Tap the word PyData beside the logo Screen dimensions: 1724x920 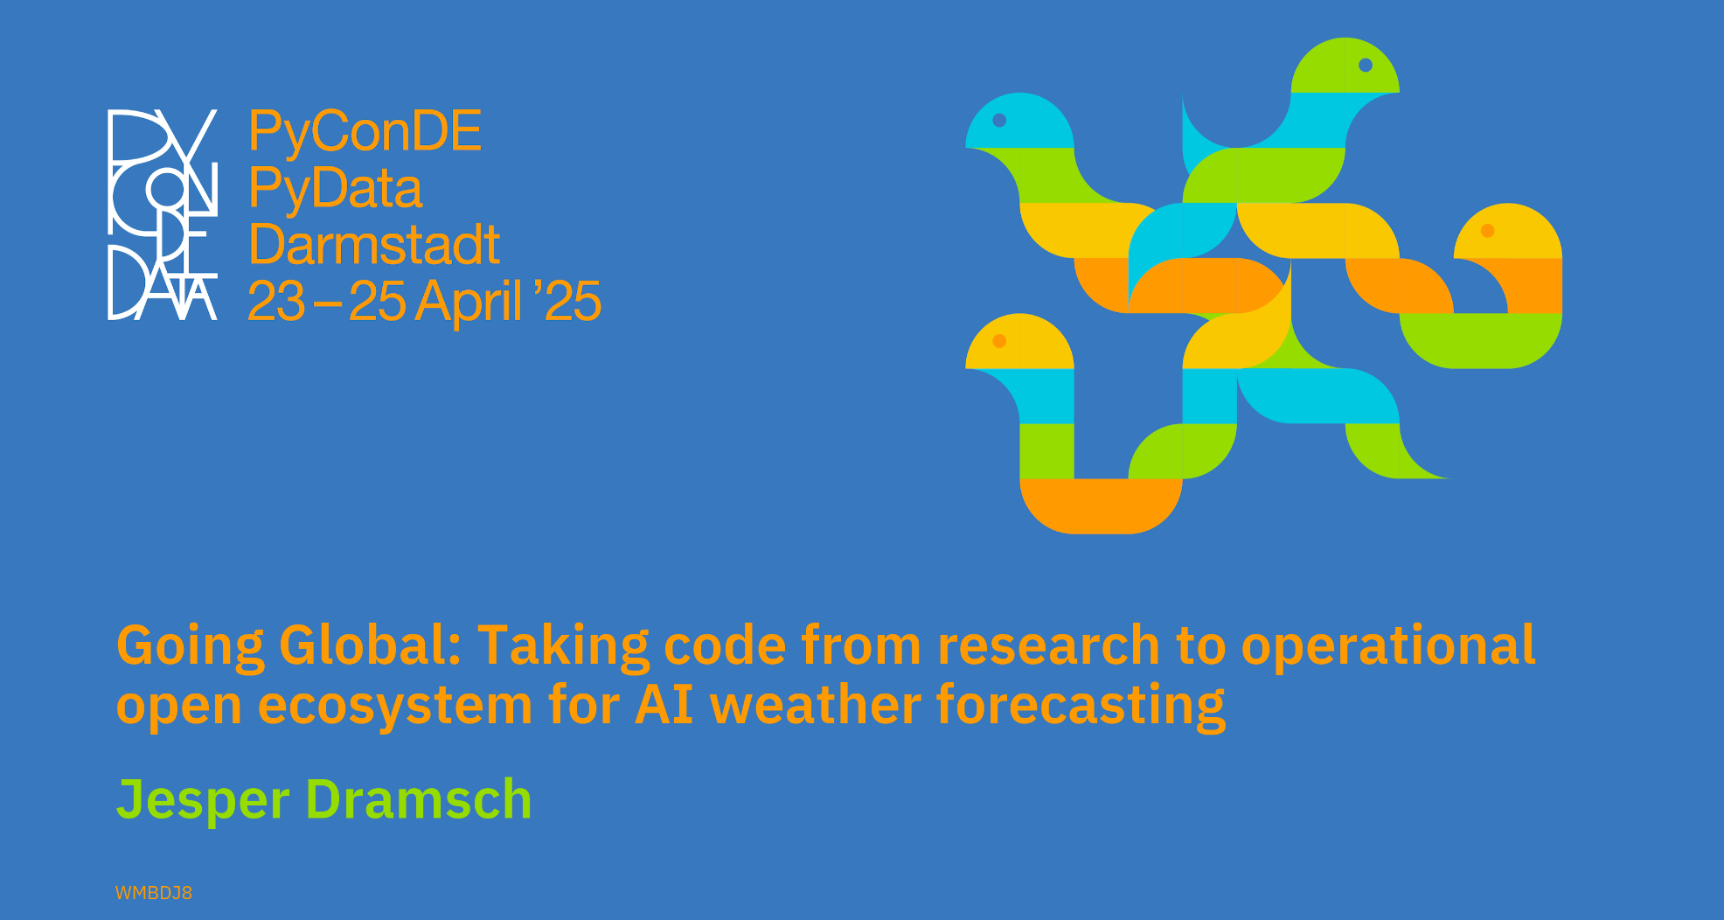point(335,190)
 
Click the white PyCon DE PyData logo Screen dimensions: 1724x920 point(163,214)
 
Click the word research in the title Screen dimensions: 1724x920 point(1048,645)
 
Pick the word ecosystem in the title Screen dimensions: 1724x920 point(395,707)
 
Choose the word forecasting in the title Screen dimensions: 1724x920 point(1081,705)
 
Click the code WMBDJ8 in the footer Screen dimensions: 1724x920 point(154,893)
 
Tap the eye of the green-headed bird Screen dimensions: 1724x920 point(1366,66)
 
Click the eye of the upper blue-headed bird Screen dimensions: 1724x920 point(999,121)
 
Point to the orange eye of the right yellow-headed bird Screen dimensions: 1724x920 point(1487,231)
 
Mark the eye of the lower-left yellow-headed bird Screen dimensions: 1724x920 point(999,341)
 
